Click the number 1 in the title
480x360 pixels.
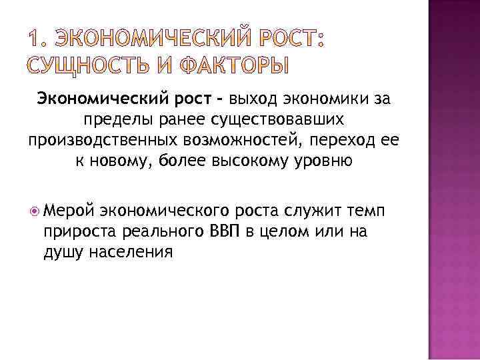click(33, 41)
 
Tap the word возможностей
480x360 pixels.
click(247, 141)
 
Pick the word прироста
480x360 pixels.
click(72, 232)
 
